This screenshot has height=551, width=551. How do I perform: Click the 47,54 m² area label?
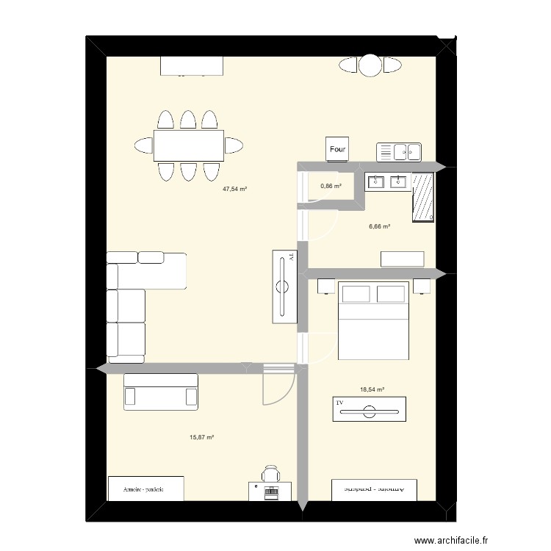235,189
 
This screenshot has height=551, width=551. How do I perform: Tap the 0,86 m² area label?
331,186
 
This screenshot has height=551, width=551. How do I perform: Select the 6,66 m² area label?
379,227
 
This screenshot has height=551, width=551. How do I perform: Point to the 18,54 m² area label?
372,390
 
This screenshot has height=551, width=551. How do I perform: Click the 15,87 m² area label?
201,437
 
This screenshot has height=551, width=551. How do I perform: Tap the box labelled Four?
338,150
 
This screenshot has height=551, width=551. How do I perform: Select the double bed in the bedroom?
372,320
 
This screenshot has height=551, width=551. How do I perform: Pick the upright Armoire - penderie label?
144,488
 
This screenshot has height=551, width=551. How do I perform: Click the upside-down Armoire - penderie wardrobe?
374,488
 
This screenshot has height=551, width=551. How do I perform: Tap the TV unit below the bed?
369,409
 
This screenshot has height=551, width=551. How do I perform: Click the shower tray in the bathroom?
424,197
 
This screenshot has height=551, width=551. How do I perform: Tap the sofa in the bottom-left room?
161,391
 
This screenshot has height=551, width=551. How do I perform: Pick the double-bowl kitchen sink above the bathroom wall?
399,152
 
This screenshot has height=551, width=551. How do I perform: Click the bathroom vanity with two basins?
387,181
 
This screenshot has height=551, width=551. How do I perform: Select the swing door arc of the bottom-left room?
278,386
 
